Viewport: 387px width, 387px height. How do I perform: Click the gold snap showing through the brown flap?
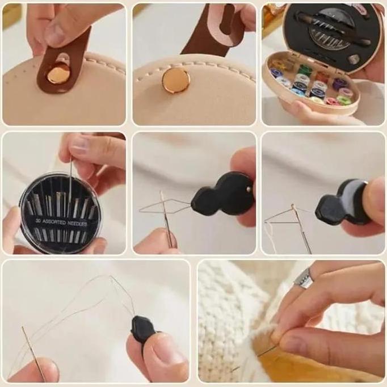[x=58, y=73]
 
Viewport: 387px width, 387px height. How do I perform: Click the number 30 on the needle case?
[x=37, y=221]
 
